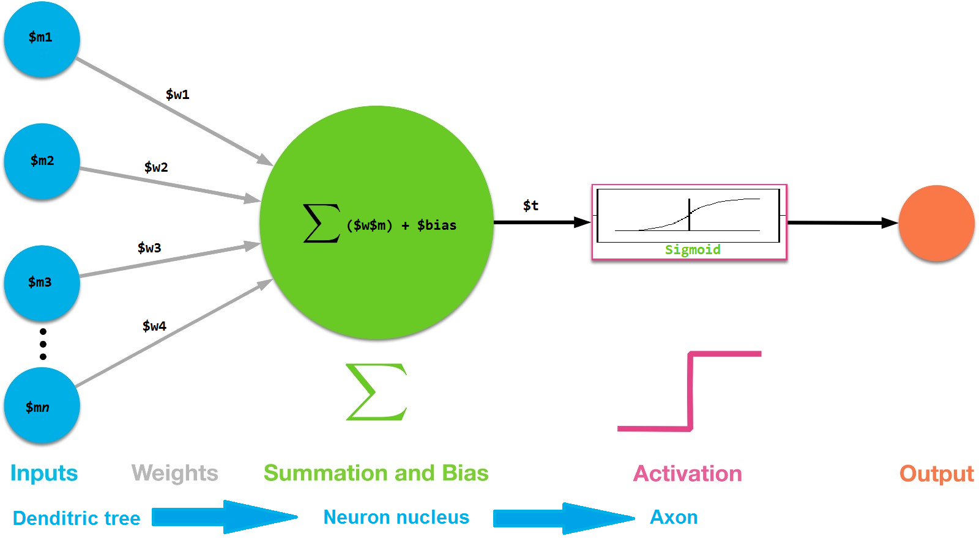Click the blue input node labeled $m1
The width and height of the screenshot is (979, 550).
[x=42, y=39]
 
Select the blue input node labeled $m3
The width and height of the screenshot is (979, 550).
[x=42, y=283]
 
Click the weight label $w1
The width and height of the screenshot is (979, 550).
[x=177, y=95]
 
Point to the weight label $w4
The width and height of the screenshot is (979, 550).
[x=154, y=326]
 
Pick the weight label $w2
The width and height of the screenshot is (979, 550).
[x=156, y=167]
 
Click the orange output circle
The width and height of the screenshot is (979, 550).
[x=936, y=223]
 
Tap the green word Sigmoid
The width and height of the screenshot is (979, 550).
[x=693, y=250]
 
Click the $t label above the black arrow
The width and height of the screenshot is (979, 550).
[x=530, y=206]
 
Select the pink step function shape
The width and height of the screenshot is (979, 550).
[x=690, y=392]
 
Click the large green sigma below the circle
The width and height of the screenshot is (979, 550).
[x=376, y=392]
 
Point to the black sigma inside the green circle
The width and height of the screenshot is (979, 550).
[x=322, y=223]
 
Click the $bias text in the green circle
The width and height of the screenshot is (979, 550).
[x=436, y=226]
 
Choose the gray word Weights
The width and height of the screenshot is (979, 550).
[x=175, y=474]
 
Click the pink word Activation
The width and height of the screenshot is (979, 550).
[x=687, y=474]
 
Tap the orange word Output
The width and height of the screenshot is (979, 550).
[x=936, y=474]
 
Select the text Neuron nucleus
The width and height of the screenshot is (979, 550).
[x=396, y=518]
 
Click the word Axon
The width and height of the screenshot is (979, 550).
[x=674, y=518]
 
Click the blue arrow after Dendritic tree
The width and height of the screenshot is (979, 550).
[x=225, y=518]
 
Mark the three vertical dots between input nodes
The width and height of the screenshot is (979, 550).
[x=43, y=344]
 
